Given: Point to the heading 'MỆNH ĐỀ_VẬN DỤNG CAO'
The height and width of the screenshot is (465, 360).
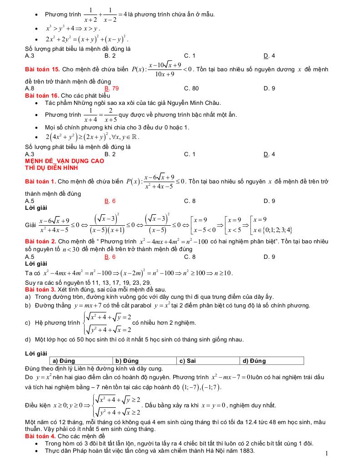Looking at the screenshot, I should click(65, 161).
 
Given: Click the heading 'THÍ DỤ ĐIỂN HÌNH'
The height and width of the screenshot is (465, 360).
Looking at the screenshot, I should click(51, 168).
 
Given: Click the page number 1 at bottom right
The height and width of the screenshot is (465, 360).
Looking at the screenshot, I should click(327, 453).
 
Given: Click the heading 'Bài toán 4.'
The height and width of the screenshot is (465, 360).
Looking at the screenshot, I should click(40, 436).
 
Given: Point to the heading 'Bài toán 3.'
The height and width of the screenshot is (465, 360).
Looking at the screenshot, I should click(40, 289).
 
